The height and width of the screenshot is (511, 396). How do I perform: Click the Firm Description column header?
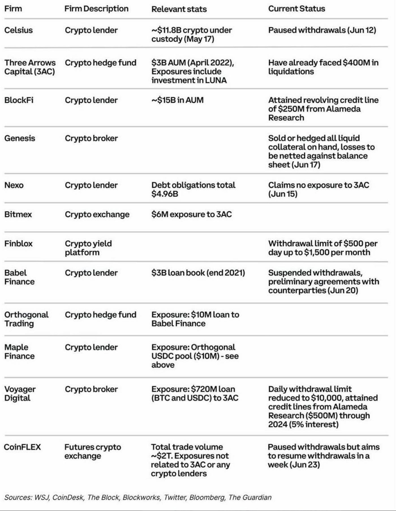(x=96, y=9)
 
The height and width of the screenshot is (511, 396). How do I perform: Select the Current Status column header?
(x=296, y=9)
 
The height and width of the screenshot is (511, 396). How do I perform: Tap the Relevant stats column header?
(x=179, y=9)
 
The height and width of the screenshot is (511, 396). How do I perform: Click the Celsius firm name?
(x=18, y=30)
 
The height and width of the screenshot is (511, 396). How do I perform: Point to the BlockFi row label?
(x=19, y=100)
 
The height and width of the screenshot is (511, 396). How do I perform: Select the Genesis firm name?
(x=20, y=138)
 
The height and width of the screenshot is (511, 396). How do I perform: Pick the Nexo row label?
(x=14, y=185)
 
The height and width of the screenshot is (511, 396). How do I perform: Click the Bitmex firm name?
(x=18, y=214)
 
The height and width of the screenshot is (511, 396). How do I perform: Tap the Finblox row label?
(x=18, y=243)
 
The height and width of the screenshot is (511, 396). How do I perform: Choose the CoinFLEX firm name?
(x=22, y=447)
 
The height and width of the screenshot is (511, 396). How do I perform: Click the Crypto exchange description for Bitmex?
(x=97, y=214)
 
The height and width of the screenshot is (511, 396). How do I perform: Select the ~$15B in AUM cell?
(x=177, y=100)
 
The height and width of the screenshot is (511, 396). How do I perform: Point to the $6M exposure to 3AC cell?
(x=191, y=214)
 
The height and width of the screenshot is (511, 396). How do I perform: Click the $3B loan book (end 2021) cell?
(x=198, y=273)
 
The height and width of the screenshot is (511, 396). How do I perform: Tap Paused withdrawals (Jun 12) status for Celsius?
(x=322, y=30)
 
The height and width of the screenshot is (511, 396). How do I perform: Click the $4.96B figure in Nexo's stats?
(x=165, y=194)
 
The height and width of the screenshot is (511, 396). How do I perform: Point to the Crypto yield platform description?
(x=88, y=248)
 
